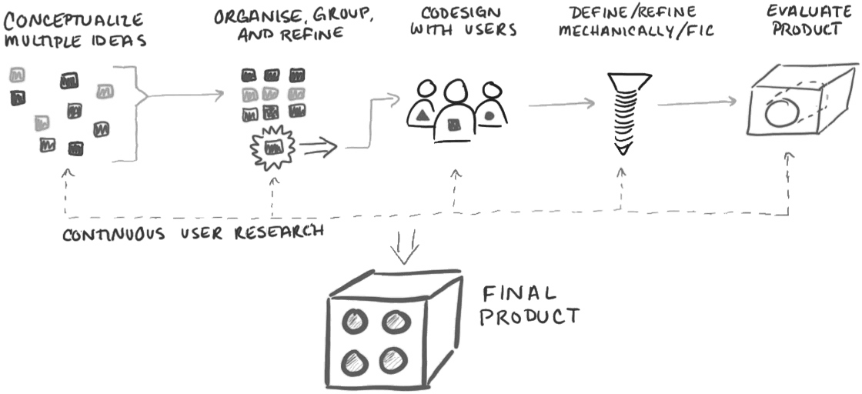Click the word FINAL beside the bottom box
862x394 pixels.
pyautogui.click(x=518, y=294)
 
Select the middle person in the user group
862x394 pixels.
pyautogui.click(x=454, y=112)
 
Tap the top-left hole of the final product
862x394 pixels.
pyautogui.click(x=356, y=320)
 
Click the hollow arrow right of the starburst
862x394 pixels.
pyautogui.click(x=318, y=145)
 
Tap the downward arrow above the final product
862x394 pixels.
pyautogui.click(x=402, y=242)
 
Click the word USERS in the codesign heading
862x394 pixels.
pyautogui.click(x=489, y=32)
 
